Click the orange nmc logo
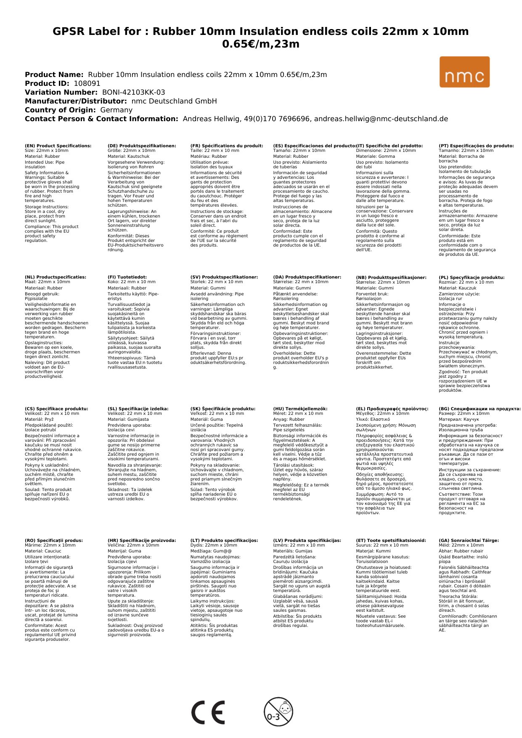[x=464, y=72]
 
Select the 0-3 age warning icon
[x=278, y=711]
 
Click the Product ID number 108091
[x=87, y=83]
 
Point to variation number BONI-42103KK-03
[x=133, y=92]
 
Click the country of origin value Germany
[x=116, y=110]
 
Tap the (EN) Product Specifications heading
[x=58, y=146]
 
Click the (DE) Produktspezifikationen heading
[x=142, y=146]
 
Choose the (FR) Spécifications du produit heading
[x=227, y=146]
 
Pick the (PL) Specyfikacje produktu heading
[x=472, y=278]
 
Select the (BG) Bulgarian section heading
[x=480, y=409]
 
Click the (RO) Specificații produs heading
[x=54, y=540]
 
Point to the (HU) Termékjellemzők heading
[x=300, y=409]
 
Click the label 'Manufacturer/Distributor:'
[x=76, y=101]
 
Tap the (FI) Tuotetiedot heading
[x=127, y=277]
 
